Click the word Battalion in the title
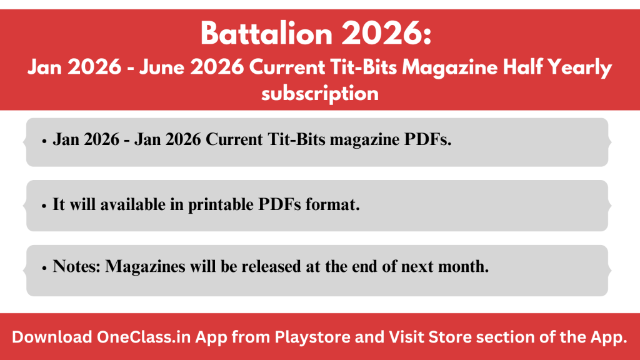pyautogui.click(x=266, y=34)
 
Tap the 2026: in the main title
pyautogui.click(x=386, y=34)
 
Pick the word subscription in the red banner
pyautogui.click(x=320, y=94)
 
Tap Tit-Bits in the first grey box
pyautogui.click(x=296, y=139)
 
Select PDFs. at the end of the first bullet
pyautogui.click(x=427, y=139)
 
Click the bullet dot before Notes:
pyautogui.click(x=44, y=268)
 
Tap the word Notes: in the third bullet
pyautogui.click(x=77, y=266)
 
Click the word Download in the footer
pyautogui.click(x=52, y=337)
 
